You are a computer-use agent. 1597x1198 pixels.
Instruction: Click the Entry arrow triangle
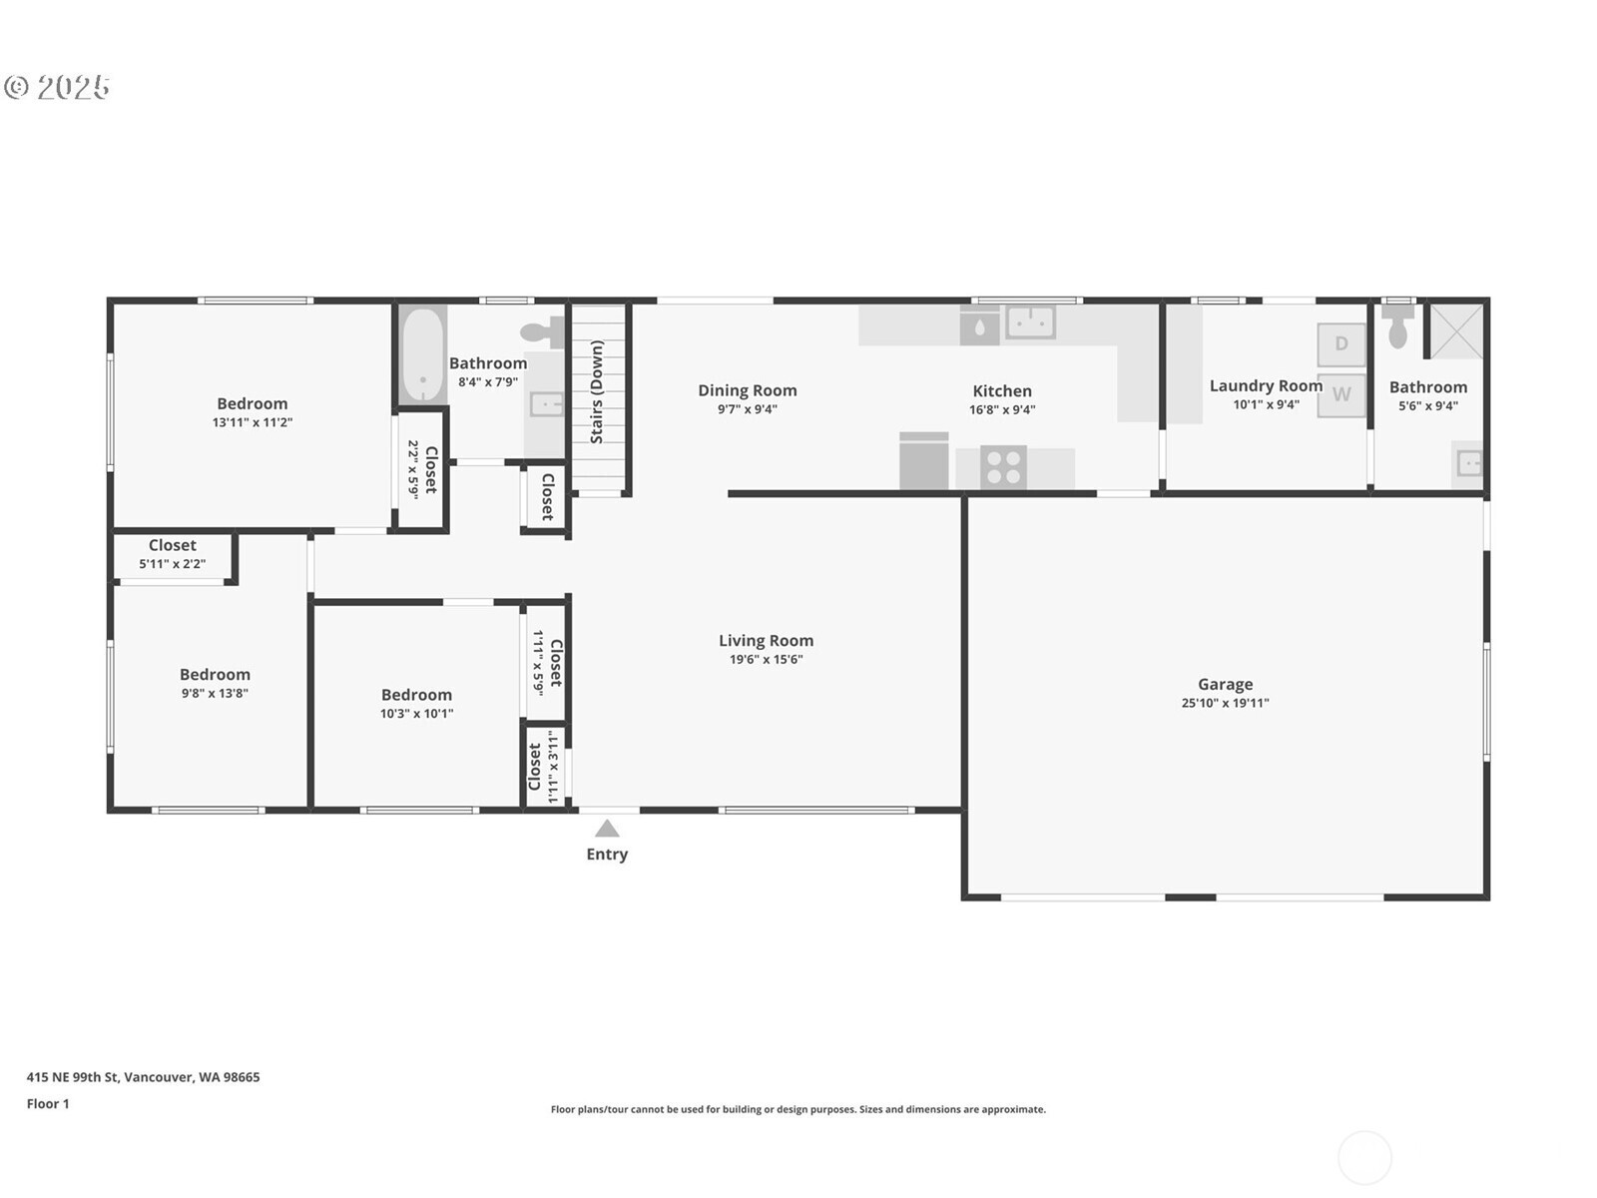tap(607, 829)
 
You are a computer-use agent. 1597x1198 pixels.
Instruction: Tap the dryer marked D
tap(1340, 343)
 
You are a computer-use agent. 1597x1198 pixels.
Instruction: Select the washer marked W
tap(1340, 394)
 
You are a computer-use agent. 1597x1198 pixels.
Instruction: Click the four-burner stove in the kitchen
tap(1003, 466)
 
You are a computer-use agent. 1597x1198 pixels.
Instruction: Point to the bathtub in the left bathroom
tap(423, 354)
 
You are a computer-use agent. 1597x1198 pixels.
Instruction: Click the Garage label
tap(1226, 684)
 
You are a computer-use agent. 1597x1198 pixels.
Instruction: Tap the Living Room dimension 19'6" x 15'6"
tap(767, 659)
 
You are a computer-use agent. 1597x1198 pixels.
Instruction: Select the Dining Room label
tap(748, 390)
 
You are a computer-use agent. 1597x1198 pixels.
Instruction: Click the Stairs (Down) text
tap(597, 391)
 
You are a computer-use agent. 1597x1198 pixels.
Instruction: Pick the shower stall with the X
tap(1456, 331)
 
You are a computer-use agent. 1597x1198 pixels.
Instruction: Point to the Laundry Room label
tap(1266, 385)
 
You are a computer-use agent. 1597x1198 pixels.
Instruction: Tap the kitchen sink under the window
tap(1030, 321)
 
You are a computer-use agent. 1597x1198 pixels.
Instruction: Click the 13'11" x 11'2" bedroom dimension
tap(253, 422)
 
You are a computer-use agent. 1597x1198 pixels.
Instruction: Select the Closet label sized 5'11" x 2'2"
tap(173, 545)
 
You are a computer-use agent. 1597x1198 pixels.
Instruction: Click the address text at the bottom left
tap(144, 1076)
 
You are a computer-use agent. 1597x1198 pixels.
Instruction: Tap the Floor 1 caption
tap(48, 1103)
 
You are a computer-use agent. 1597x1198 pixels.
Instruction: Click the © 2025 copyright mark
tap(57, 87)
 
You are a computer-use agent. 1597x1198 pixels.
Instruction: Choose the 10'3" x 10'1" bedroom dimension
tap(416, 714)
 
